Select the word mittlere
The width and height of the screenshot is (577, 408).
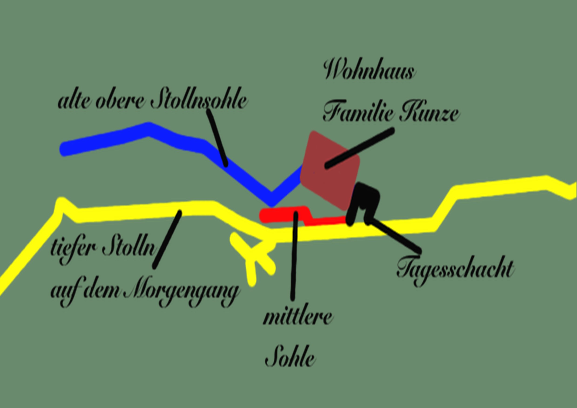(298, 317)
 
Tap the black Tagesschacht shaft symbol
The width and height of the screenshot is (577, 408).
(363, 201)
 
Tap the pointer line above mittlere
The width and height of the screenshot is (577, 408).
(294, 256)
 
